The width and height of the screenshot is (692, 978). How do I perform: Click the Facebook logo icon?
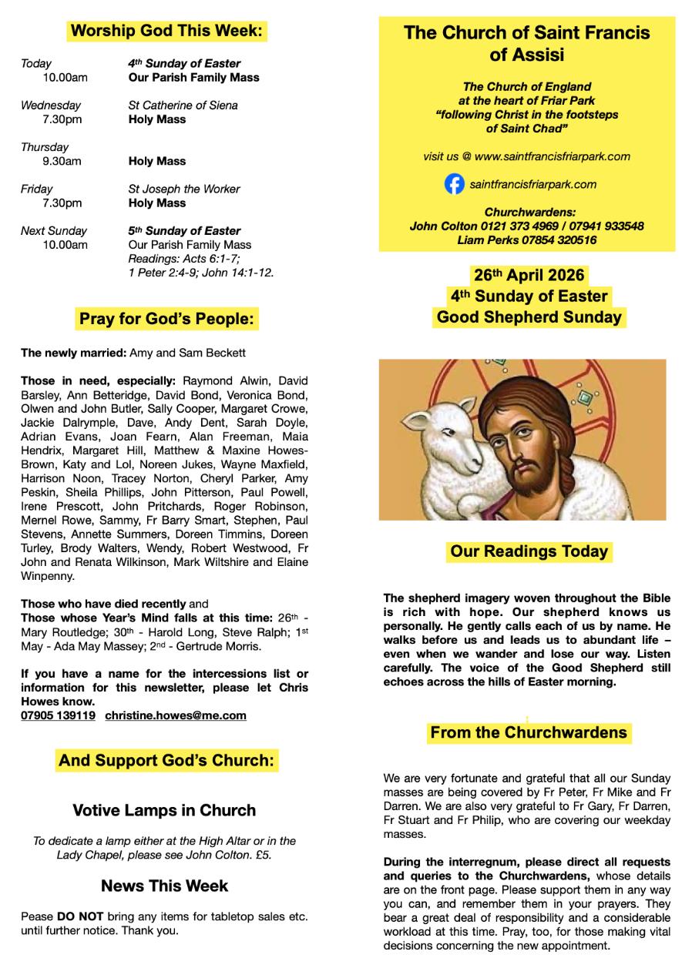pyautogui.click(x=455, y=185)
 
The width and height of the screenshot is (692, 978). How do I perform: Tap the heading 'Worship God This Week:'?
pyautogui.click(x=166, y=32)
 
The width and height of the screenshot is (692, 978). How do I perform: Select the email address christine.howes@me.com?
pyautogui.click(x=176, y=715)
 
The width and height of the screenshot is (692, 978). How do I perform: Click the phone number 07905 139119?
pyautogui.click(x=59, y=715)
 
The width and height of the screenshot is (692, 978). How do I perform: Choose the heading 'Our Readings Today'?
pyautogui.click(x=529, y=551)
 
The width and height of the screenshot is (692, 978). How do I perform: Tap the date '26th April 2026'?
pyautogui.click(x=529, y=275)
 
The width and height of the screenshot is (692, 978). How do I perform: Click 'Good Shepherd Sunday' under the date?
pyautogui.click(x=529, y=317)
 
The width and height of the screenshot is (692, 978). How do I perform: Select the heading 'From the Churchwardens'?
pyautogui.click(x=529, y=732)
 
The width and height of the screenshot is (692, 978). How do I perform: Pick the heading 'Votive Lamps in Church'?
pyautogui.click(x=164, y=810)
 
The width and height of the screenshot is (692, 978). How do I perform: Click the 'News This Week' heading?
pyautogui.click(x=164, y=886)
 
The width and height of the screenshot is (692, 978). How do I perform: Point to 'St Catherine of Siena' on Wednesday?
pyautogui.click(x=183, y=105)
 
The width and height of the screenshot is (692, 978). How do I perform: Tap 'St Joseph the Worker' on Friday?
pyautogui.click(x=184, y=189)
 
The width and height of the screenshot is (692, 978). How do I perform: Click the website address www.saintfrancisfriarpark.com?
pyautogui.click(x=552, y=156)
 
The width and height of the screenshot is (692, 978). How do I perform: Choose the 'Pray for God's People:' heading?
pyautogui.click(x=166, y=319)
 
